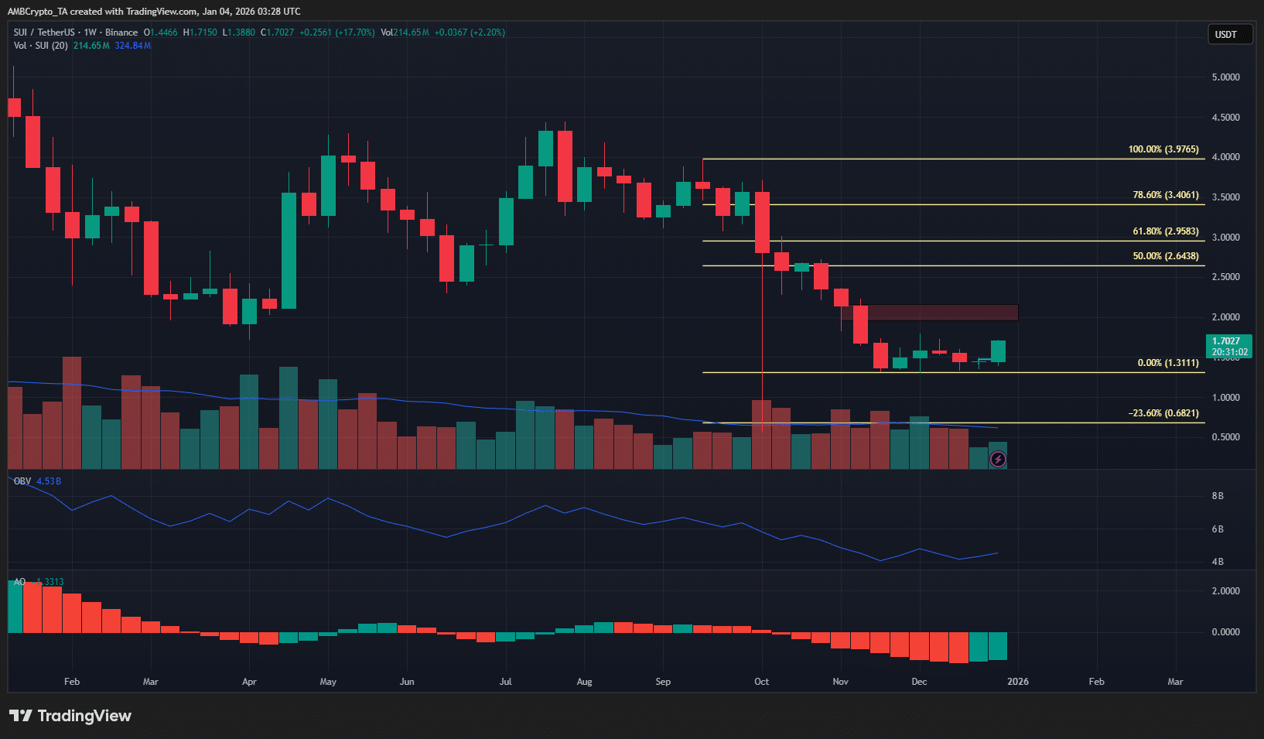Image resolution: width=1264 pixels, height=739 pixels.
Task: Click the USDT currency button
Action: tap(1229, 34)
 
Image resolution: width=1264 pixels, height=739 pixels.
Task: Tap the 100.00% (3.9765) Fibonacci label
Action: tap(1163, 149)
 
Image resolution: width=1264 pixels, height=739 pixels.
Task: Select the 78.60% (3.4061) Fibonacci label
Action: tap(1165, 195)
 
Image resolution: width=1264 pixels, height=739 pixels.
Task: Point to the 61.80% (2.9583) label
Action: tap(1165, 231)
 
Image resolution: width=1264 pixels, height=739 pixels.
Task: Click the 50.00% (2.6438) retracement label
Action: tap(1165, 256)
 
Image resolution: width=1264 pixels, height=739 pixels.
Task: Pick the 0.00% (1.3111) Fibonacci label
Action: tap(1167, 363)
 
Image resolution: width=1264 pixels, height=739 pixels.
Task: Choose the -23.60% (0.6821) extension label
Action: tap(1163, 413)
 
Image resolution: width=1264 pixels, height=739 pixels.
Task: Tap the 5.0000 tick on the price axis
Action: tap(1225, 77)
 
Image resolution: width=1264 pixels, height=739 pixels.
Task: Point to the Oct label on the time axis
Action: tap(762, 682)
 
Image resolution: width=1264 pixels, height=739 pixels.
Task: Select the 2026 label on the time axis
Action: tap(1018, 682)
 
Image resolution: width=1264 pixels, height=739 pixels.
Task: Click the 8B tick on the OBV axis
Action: tap(1218, 496)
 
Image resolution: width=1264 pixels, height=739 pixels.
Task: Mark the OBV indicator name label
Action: tap(22, 481)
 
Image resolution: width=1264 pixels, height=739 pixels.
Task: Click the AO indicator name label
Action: tap(19, 582)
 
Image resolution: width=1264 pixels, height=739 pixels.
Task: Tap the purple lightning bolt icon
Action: tap(998, 460)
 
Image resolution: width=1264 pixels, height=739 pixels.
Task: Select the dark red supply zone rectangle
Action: tap(940, 313)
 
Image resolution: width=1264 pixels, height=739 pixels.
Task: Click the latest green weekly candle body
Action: tap(998, 351)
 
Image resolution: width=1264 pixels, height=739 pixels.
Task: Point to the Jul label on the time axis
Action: tap(505, 682)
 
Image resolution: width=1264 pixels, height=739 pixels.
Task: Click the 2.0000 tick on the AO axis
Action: tap(1225, 591)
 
